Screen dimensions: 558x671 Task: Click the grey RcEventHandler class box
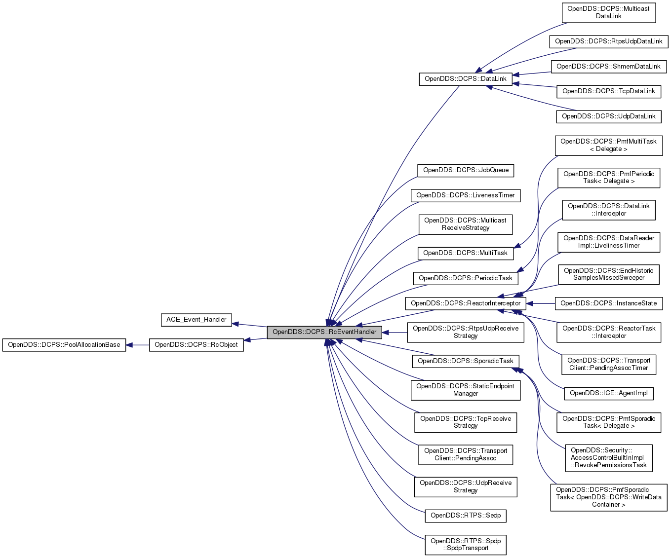(x=324, y=332)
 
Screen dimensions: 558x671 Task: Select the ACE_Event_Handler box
(x=196, y=320)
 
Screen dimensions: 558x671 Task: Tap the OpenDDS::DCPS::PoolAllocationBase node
(x=64, y=345)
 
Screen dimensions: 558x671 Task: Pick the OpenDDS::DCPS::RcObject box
(x=196, y=345)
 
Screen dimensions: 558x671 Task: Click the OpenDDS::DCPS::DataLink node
(x=465, y=79)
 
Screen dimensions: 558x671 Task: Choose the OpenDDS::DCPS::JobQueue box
(x=465, y=170)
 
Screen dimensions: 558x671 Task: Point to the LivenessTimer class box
(x=465, y=195)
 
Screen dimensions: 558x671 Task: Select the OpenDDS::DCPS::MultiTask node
(x=465, y=253)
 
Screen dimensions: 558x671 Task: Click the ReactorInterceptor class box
(x=465, y=303)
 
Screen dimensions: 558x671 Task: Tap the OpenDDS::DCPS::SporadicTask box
(x=465, y=361)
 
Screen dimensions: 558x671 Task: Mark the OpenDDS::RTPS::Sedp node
(x=465, y=516)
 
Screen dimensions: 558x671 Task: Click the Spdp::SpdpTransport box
(x=465, y=545)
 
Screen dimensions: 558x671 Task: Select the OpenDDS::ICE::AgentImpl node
(x=608, y=393)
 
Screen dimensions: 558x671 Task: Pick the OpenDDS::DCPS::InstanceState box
(x=608, y=303)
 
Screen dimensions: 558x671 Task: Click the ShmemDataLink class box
(x=608, y=67)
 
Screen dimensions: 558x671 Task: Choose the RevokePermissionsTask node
(x=608, y=458)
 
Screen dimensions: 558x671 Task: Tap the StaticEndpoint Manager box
(x=465, y=390)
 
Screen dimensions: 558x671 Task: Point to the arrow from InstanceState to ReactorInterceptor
(x=541, y=303)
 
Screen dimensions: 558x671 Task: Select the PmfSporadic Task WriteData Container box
(x=608, y=497)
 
